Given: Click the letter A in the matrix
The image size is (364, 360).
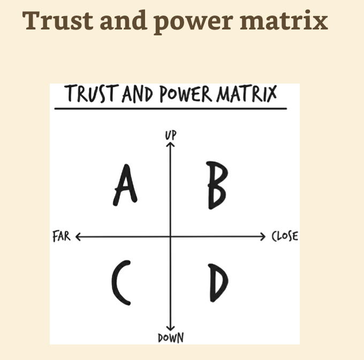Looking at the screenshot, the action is [125, 186].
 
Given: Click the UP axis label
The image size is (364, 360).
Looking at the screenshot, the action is [171, 135].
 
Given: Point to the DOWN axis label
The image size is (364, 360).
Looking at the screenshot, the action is [171, 338].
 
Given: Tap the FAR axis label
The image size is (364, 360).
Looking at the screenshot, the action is [62, 236].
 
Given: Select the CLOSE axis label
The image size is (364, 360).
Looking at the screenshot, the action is [285, 236].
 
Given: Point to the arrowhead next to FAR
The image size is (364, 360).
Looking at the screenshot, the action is [78, 237].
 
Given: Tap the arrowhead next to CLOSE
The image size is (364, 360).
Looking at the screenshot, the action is [263, 237].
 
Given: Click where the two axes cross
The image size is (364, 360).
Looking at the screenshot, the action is [170, 237].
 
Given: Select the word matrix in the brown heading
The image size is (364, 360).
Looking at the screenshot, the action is [284, 20].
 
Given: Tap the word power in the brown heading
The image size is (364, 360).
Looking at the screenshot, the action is [193, 22].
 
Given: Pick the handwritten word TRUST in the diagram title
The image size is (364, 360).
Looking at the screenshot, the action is [92, 93].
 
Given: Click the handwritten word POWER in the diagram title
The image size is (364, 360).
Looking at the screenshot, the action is [186, 94].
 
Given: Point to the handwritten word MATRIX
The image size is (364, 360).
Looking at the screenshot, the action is [247, 94].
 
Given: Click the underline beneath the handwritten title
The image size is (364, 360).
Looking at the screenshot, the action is [171, 108].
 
